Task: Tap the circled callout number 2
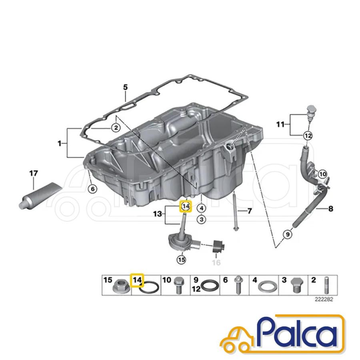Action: (x=116, y=128)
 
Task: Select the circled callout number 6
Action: (x=92, y=189)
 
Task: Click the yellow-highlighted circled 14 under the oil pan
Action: (x=185, y=206)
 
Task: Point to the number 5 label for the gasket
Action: (x=125, y=87)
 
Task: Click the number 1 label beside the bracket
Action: (x=60, y=144)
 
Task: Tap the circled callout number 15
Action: (x=181, y=260)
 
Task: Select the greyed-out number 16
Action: (x=216, y=262)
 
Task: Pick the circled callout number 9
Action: (x=288, y=234)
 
